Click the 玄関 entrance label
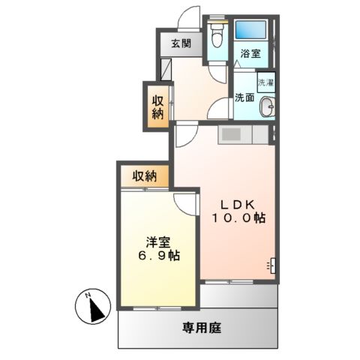tap(180, 43)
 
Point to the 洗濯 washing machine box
tap(266, 82)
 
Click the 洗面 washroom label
tap(244, 97)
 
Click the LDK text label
tap(240, 202)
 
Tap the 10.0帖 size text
tap(240, 218)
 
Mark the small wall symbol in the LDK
tap(271, 265)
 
